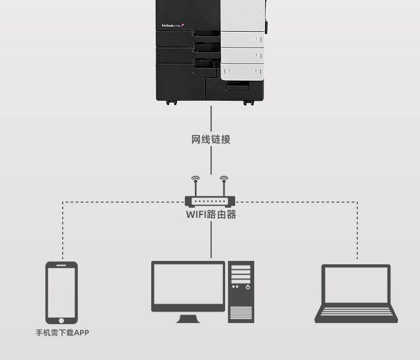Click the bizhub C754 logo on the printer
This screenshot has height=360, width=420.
point(172,25)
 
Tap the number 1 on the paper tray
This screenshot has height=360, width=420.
point(256,39)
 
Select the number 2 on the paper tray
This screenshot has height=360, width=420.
point(256,55)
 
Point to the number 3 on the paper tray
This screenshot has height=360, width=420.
point(229,71)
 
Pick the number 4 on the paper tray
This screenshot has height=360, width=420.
point(256,71)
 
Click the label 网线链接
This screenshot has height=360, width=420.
point(211,139)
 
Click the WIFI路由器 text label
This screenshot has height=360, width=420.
point(211,214)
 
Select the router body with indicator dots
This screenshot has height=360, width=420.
point(210,201)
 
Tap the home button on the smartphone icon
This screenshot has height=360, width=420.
point(62,320)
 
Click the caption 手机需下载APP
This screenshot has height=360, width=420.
point(62,333)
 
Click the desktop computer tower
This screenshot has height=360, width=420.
point(241,291)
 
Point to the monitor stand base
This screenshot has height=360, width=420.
point(189,320)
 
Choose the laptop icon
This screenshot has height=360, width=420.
point(356,293)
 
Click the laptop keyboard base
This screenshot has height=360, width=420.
point(356,314)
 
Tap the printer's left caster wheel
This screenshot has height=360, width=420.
point(171,102)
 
